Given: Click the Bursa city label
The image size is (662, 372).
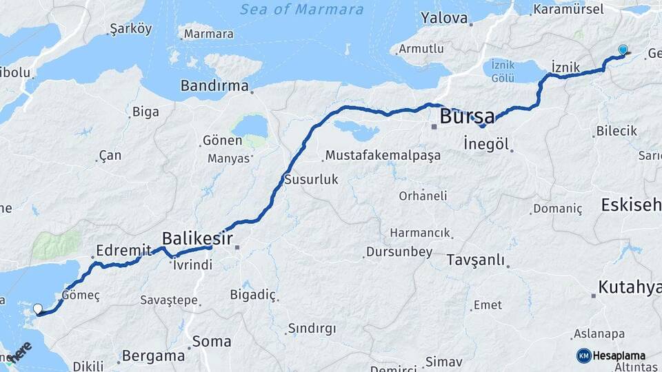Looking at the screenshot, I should pyautogui.click(x=467, y=115).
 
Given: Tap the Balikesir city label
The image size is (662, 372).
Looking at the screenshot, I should pyautogui.click(x=195, y=238).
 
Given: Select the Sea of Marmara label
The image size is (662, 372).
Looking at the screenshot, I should pyautogui.click(x=301, y=10).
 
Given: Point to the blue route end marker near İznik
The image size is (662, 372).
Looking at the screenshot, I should pyautogui.click(x=623, y=50).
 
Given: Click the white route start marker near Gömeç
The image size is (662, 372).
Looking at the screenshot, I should pyautogui.click(x=38, y=309).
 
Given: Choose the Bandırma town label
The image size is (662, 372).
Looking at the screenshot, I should pyautogui.click(x=214, y=86).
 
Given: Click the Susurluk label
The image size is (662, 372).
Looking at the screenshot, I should pyautogui.click(x=311, y=180).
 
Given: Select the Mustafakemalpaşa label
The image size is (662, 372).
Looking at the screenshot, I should pyautogui.click(x=383, y=155).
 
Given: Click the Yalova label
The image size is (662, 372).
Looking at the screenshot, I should pyautogui.click(x=444, y=18).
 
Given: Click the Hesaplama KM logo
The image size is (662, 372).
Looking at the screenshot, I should pyautogui.click(x=611, y=355).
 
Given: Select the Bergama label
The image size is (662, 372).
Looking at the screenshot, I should pyautogui.click(x=154, y=356).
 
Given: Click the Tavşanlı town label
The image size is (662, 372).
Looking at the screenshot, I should pyautogui.click(x=475, y=260).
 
